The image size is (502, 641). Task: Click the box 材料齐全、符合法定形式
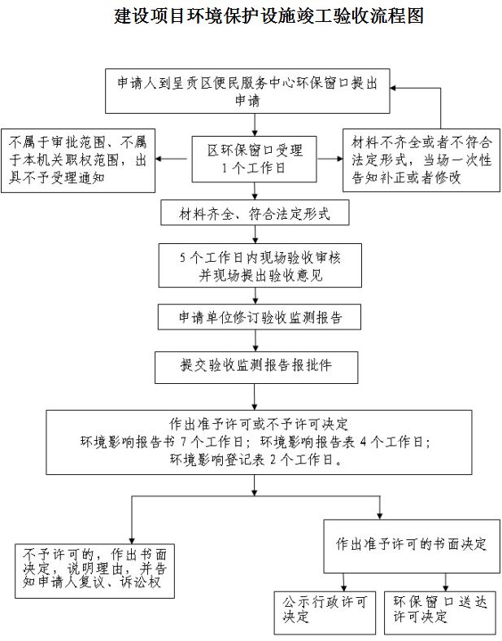[x=255, y=214]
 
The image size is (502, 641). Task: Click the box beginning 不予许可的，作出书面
[x=94, y=569]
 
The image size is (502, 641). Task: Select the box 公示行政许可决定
[x=325, y=610]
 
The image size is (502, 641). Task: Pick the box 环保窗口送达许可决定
[x=437, y=610]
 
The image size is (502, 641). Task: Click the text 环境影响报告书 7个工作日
[x=160, y=442]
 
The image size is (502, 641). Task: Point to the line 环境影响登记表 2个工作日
[x=255, y=459]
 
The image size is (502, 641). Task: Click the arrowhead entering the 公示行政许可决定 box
[x=343, y=587]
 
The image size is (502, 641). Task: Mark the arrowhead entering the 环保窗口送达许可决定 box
[x=446, y=587]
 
